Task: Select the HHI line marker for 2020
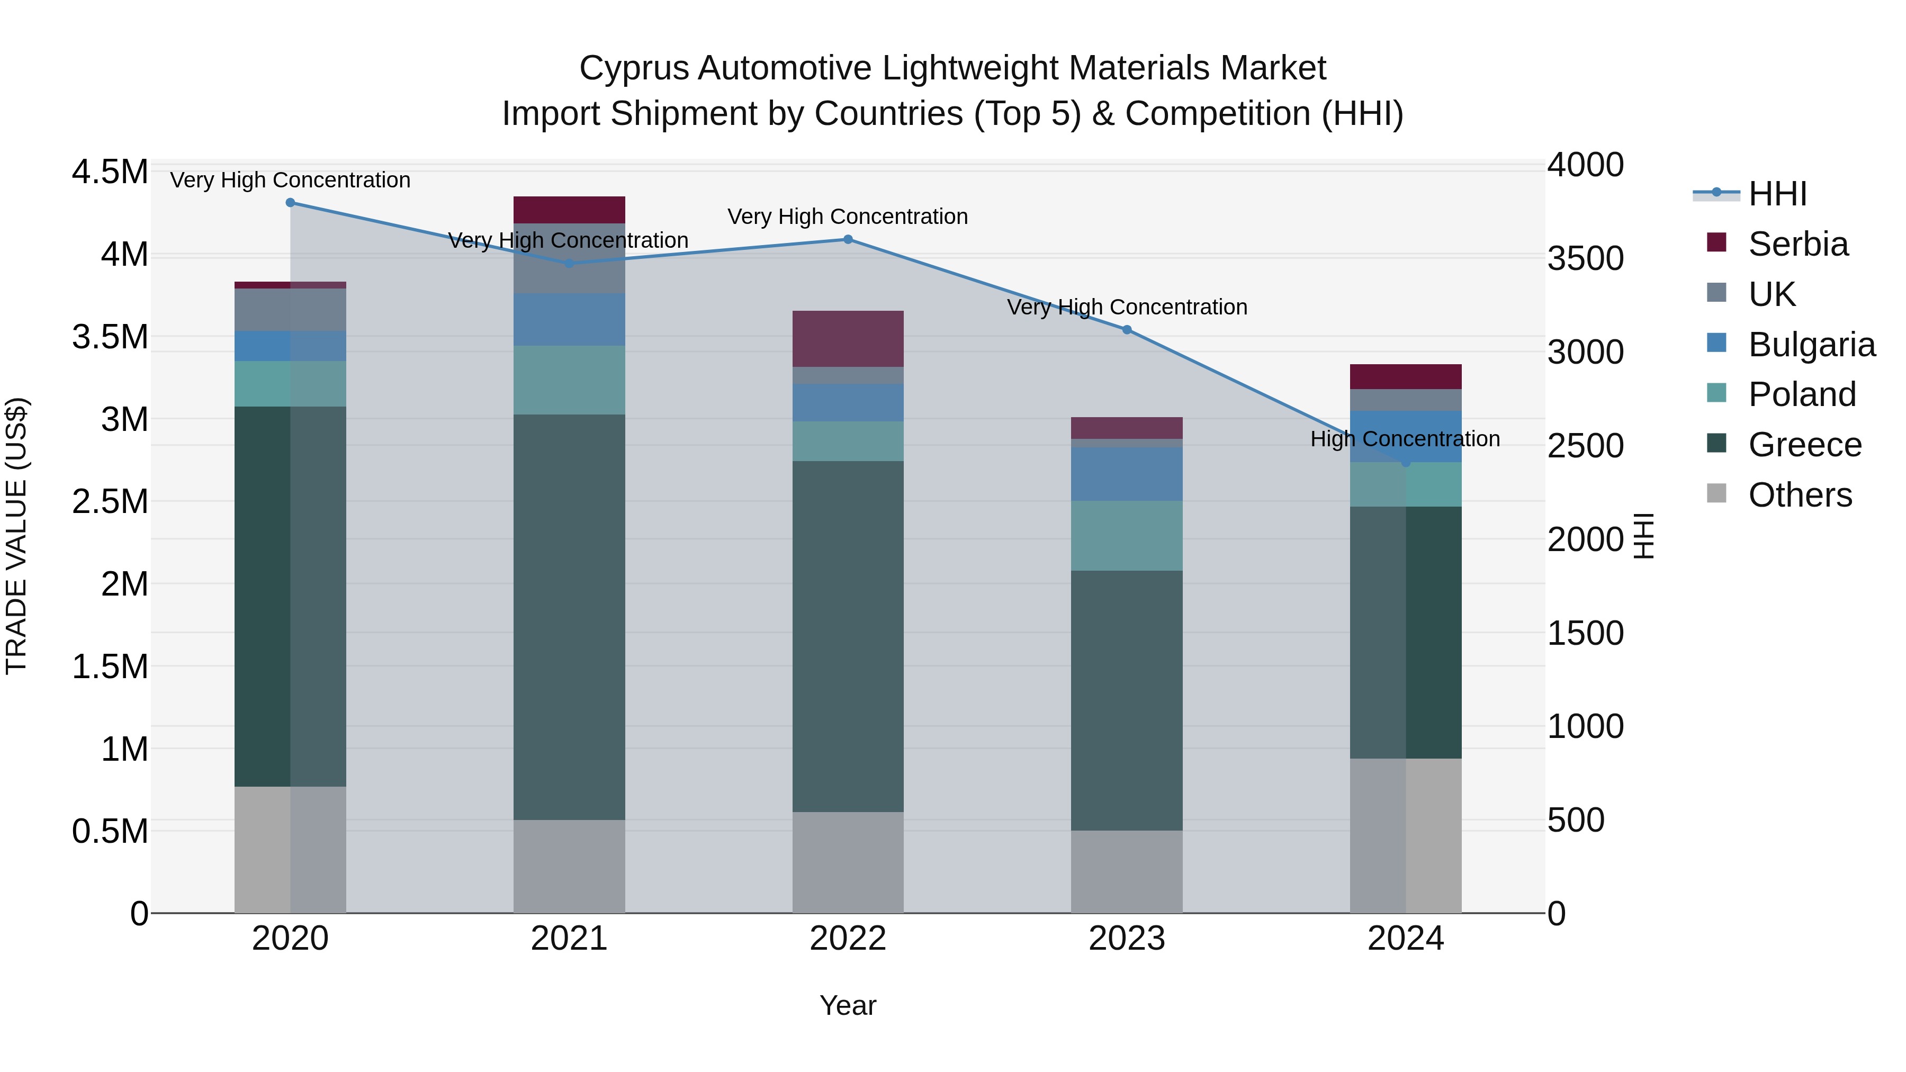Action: pos(290,203)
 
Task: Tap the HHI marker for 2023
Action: pos(1127,329)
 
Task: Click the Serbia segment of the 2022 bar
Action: pos(848,339)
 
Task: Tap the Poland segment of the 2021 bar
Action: pos(569,380)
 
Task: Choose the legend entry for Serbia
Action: pos(1797,244)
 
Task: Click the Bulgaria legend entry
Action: pos(1811,345)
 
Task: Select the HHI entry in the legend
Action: pos(1776,194)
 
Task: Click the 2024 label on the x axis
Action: pos(1405,939)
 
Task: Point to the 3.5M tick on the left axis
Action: pos(110,337)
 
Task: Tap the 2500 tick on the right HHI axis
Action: pos(1585,446)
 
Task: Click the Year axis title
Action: pos(848,1005)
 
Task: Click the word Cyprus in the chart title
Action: pos(634,68)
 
